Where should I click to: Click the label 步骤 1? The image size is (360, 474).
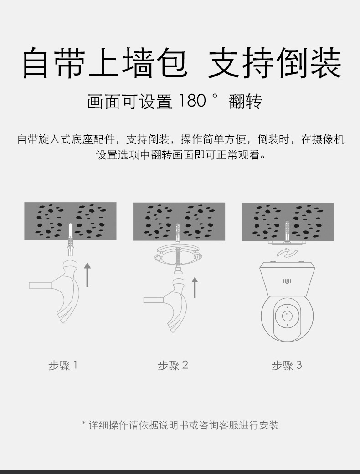[x=63, y=365]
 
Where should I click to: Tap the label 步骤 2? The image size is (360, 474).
[x=173, y=365]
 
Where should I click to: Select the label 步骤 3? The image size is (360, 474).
[x=287, y=365]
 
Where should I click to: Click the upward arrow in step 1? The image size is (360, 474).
[x=87, y=275]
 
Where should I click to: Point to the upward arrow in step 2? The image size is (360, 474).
[x=195, y=287]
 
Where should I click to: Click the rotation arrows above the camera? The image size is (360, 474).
[x=287, y=253]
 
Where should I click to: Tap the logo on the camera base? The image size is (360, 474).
[x=287, y=281]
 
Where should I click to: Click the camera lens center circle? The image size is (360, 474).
[x=287, y=316]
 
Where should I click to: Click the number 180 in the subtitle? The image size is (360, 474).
[x=192, y=101]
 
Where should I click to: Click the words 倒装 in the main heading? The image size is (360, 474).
[x=309, y=63]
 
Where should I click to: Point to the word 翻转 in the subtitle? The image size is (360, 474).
[x=245, y=101]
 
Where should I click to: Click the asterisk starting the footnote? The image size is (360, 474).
[x=84, y=423]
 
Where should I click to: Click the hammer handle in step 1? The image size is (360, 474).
[x=41, y=285]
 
